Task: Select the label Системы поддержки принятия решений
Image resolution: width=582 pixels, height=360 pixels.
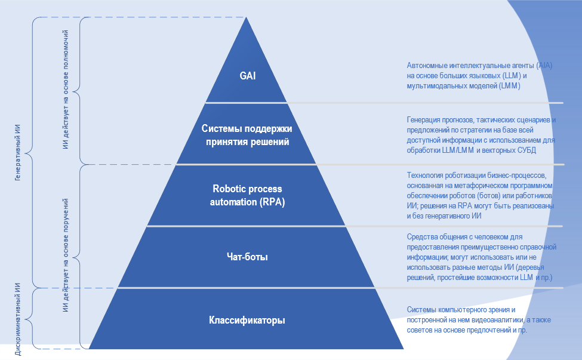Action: (x=247, y=136)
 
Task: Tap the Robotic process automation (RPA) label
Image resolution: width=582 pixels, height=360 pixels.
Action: (x=247, y=195)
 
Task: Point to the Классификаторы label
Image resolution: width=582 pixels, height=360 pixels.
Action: (x=247, y=320)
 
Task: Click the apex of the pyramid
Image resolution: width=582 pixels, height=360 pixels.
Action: (x=247, y=19)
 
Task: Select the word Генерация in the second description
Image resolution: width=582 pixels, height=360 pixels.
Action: (x=426, y=120)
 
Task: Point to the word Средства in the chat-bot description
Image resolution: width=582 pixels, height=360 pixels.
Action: (x=423, y=237)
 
